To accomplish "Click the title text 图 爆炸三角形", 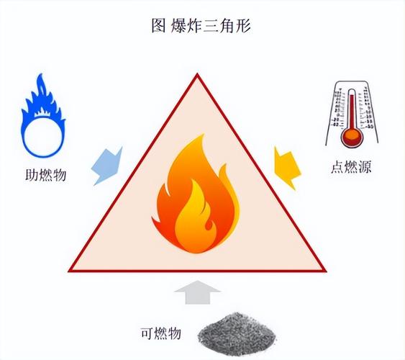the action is pos(201,26).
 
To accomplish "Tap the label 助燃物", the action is pos(46,175).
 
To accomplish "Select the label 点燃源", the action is pos(351,167).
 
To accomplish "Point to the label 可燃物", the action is pos(160,333).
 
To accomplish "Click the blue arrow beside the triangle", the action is pos(107,166).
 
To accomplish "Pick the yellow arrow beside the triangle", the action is pos(287,168).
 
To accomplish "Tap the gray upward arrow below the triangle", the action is pos(198,292).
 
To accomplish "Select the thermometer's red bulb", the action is pos(352,136).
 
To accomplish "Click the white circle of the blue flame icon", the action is pos(43,137).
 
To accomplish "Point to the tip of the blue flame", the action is pos(40,74).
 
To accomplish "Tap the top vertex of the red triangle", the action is pos(197,74).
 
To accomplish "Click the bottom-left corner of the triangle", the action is pos(69,271).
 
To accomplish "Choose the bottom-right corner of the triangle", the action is pos(326,271).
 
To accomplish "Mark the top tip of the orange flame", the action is pos(204,135).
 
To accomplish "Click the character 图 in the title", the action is pos(158,26).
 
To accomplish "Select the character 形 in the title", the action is pos(243,26).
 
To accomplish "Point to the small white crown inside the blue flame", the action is pos(43,112).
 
